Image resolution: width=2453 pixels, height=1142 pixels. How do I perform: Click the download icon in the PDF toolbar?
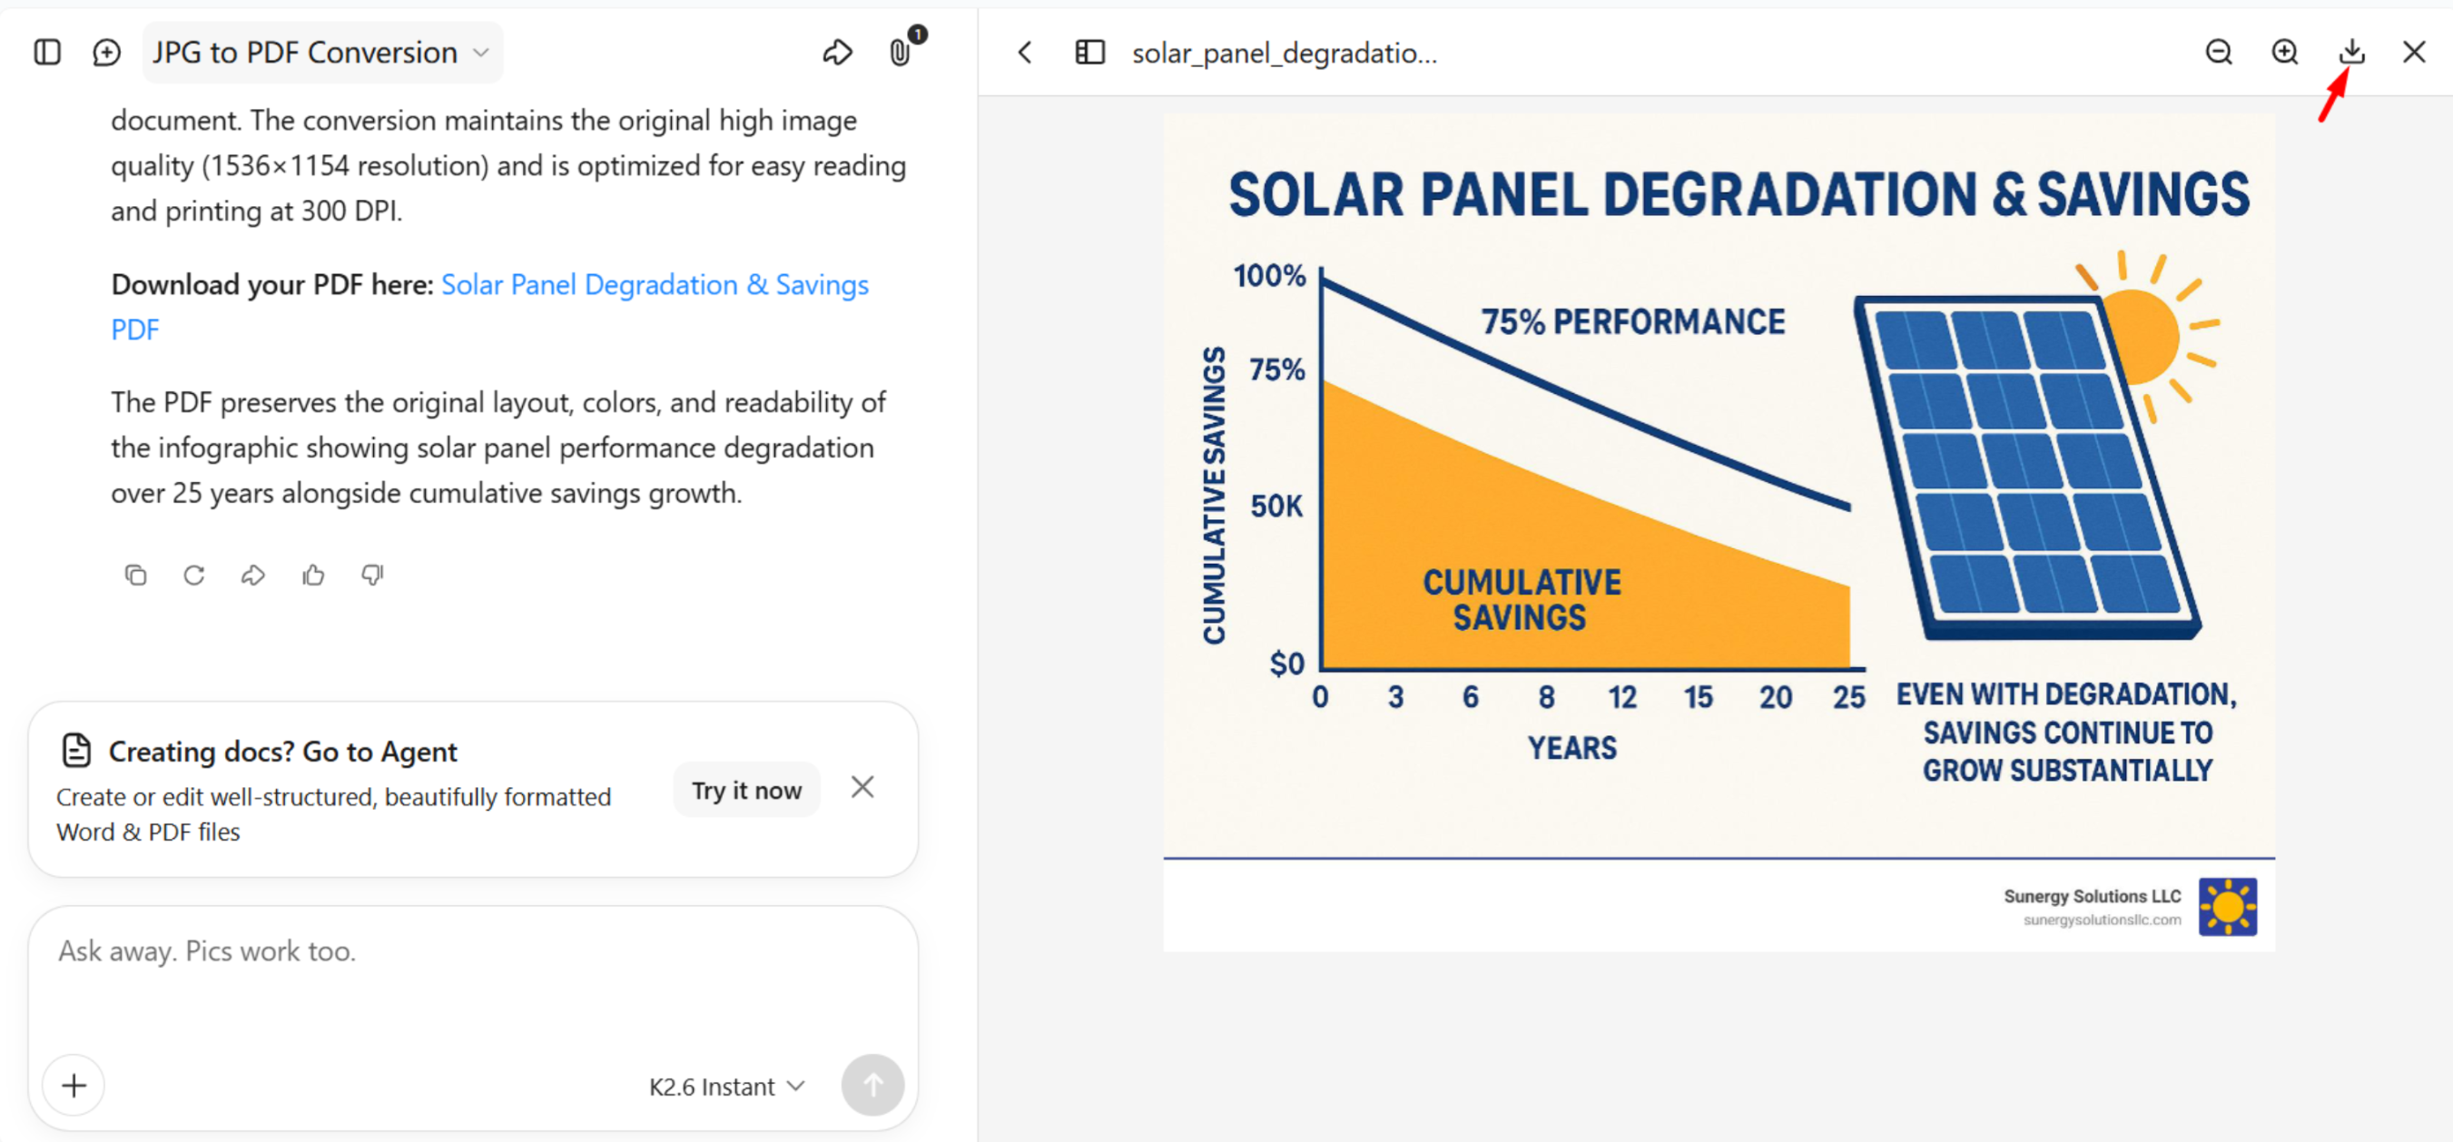[2351, 52]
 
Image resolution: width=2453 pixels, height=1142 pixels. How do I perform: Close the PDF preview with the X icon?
[2414, 52]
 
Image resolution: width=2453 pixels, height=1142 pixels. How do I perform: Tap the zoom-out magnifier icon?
[2219, 52]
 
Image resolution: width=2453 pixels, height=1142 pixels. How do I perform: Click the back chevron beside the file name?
[1025, 52]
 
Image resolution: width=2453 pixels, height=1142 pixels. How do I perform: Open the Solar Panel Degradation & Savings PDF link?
[489, 307]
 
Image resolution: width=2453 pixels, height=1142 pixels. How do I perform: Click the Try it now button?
[746, 790]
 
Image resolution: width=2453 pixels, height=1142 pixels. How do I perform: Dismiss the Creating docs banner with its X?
[862, 787]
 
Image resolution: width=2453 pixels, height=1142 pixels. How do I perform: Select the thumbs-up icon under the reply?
[313, 575]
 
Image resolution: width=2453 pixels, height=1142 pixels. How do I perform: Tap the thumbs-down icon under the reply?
[372, 575]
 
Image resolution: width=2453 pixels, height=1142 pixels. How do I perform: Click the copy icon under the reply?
[136, 575]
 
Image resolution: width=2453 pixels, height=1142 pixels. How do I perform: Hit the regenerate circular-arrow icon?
[194, 575]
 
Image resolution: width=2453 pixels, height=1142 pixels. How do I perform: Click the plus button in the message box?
[74, 1085]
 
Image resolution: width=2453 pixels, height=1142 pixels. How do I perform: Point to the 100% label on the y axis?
[1268, 276]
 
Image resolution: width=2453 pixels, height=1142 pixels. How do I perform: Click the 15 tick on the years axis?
[1698, 697]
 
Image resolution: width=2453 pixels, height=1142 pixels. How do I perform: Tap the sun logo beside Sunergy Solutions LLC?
[2227, 906]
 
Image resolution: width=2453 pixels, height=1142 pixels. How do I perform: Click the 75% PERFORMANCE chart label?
[1633, 322]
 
